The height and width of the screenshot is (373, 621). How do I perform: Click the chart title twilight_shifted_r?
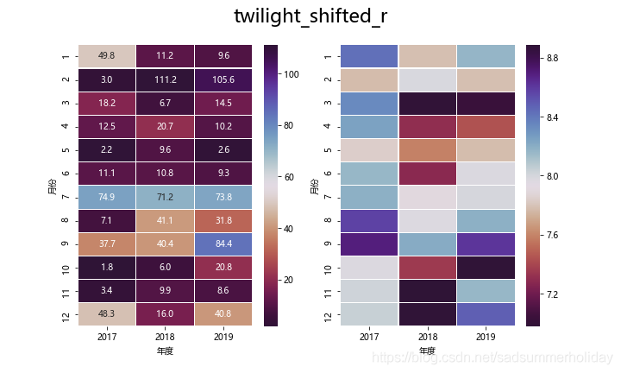(310, 16)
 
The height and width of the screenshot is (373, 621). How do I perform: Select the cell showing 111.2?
(166, 79)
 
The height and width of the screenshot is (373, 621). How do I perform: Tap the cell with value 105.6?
(223, 79)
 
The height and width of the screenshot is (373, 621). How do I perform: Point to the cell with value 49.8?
(108, 56)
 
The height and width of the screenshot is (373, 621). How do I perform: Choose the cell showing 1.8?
(108, 267)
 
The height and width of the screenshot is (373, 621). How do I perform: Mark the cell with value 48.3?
(108, 313)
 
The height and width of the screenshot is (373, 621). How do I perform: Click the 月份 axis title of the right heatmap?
(314, 185)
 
